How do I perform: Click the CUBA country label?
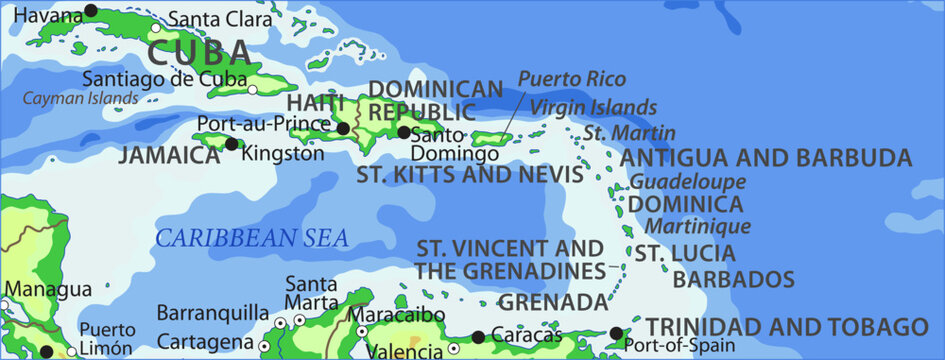click(x=199, y=52)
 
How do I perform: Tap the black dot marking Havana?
click(x=91, y=11)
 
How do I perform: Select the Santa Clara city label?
click(x=219, y=18)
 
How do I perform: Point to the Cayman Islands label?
click(x=81, y=98)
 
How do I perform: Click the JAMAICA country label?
click(x=169, y=155)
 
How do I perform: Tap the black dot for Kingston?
click(x=232, y=144)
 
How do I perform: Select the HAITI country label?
click(x=316, y=103)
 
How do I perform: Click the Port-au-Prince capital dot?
click(x=343, y=129)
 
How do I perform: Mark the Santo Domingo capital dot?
click(x=404, y=132)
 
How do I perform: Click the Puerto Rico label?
click(x=572, y=78)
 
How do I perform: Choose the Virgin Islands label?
click(x=593, y=107)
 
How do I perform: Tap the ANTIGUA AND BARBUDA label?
click(x=766, y=158)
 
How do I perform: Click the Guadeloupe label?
click(x=688, y=182)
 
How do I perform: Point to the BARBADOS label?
click(x=734, y=279)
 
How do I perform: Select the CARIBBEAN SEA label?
click(x=252, y=238)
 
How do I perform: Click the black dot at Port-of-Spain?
click(x=616, y=334)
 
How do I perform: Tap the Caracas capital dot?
click(x=479, y=337)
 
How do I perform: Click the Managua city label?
click(x=47, y=289)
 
